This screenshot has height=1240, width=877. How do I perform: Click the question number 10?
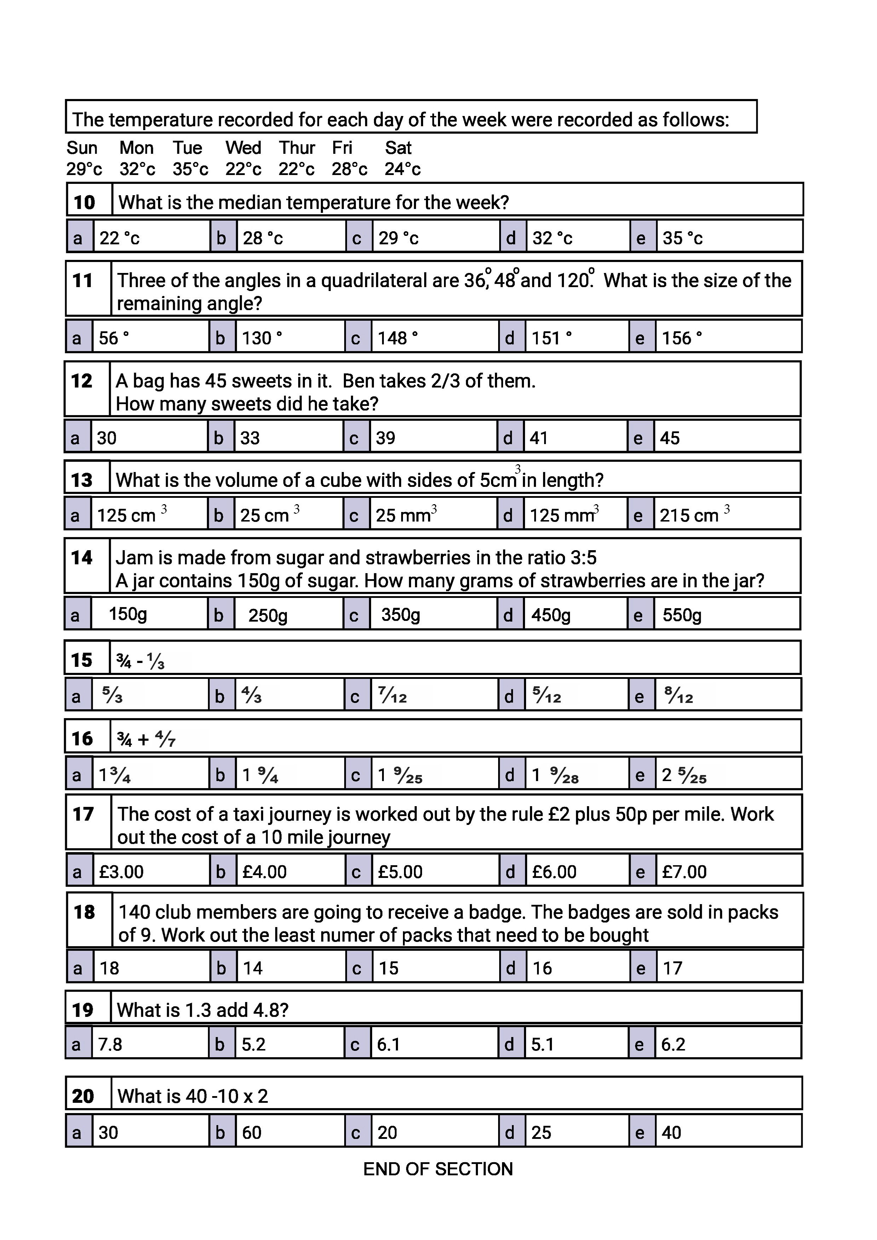click(x=84, y=203)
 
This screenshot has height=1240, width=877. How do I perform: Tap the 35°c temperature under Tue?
click(x=190, y=170)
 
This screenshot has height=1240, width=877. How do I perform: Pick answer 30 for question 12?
click(x=107, y=438)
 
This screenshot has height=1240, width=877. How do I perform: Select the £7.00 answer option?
click(x=684, y=872)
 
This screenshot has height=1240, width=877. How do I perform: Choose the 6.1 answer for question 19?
click(x=388, y=1044)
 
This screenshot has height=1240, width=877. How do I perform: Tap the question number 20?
click(x=83, y=1096)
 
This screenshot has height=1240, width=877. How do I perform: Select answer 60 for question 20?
click(x=252, y=1133)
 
